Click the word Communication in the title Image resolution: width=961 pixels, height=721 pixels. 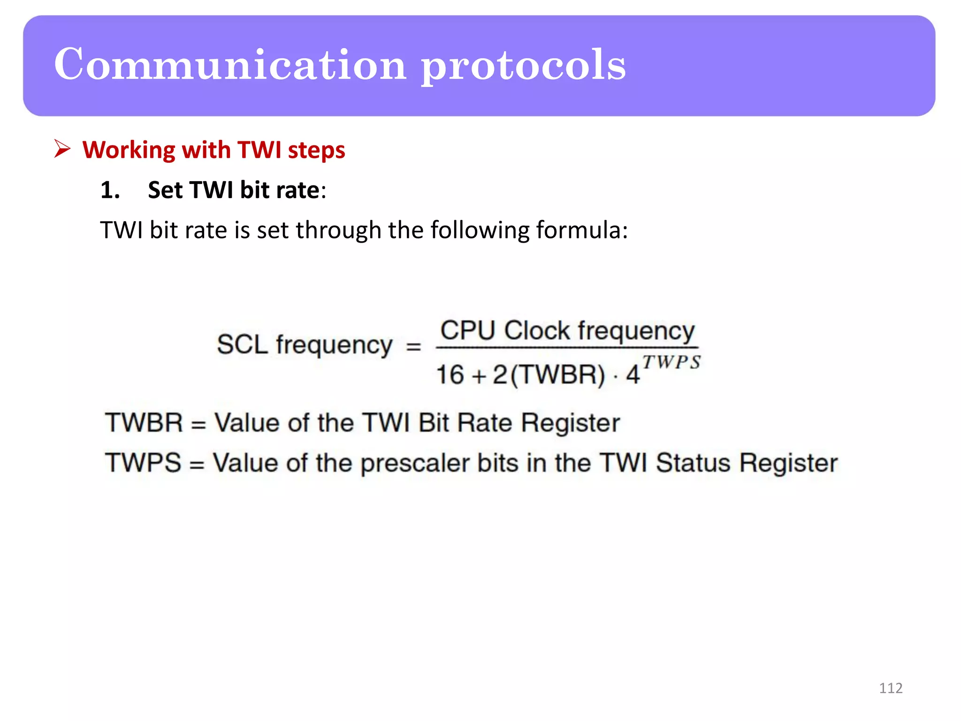(x=230, y=64)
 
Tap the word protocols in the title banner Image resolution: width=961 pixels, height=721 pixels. (x=523, y=66)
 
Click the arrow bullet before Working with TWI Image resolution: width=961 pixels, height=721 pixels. (x=62, y=149)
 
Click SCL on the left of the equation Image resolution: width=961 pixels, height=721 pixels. (x=242, y=345)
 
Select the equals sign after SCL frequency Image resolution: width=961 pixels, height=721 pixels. (x=413, y=347)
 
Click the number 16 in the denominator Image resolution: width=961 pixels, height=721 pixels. (x=450, y=375)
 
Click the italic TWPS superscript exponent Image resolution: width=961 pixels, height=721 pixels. (x=671, y=362)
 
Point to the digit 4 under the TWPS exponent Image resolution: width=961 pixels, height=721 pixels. (x=633, y=375)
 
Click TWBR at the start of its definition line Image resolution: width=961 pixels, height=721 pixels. (x=144, y=422)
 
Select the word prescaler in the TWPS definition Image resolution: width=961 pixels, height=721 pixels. (x=415, y=463)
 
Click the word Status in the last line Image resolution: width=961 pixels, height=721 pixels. (x=693, y=463)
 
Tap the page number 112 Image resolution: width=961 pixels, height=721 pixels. (x=891, y=688)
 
